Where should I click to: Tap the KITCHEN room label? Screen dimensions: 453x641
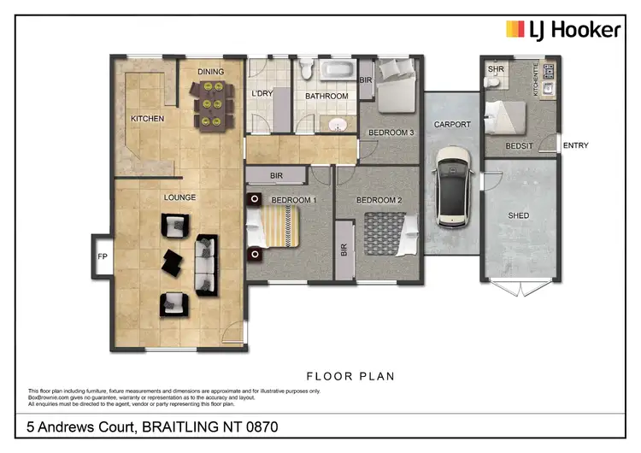(x=146, y=119)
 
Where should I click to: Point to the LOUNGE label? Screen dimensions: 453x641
(x=180, y=197)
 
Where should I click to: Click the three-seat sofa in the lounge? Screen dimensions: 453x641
(x=206, y=263)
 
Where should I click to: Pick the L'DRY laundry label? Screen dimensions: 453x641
(x=262, y=94)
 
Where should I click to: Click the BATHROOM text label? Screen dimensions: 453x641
(x=327, y=97)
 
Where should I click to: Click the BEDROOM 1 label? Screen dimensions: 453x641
(x=293, y=200)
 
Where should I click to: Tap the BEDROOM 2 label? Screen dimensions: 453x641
(x=379, y=200)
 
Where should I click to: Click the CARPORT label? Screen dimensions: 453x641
(x=451, y=125)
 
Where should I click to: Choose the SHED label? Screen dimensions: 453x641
(x=519, y=216)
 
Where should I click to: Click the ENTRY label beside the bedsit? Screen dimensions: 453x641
(x=575, y=145)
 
